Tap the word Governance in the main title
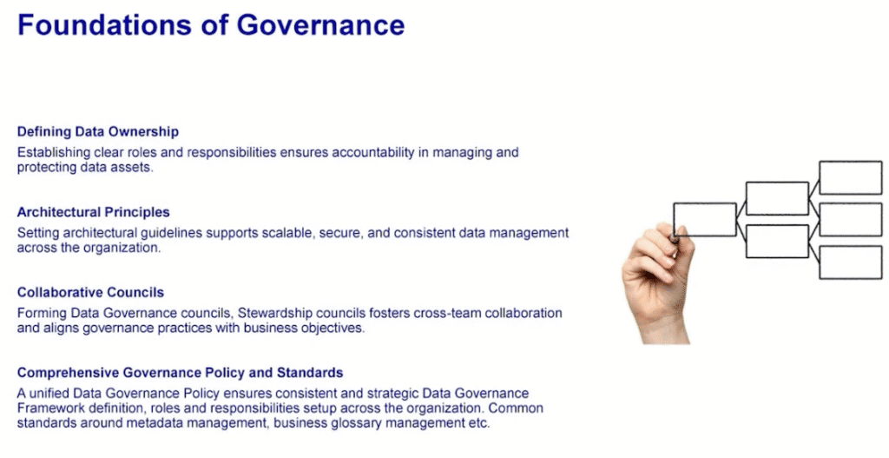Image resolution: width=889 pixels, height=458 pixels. click(320, 25)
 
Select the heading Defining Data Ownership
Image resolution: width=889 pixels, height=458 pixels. click(97, 132)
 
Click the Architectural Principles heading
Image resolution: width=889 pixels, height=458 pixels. click(93, 212)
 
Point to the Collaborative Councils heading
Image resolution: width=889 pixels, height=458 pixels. click(90, 292)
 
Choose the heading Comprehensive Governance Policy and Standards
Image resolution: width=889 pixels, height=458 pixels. click(180, 373)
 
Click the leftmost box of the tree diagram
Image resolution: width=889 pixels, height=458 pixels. click(705, 219)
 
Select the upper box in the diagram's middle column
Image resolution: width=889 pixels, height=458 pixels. click(777, 198)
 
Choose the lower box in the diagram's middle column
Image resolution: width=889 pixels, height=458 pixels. click(777, 242)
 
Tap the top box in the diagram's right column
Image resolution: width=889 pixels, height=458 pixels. click(851, 177)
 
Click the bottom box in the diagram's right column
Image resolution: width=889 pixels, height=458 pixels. click(851, 262)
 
